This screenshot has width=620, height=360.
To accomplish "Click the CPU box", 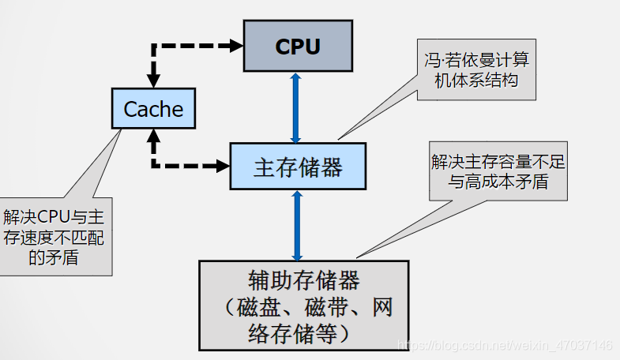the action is pyautogui.click(x=298, y=46).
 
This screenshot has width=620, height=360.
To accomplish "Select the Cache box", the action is pyautogui.click(x=153, y=108).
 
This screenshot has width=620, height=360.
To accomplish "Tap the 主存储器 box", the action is pyautogui.click(x=298, y=167).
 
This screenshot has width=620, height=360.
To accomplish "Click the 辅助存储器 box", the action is pyautogui.click(x=303, y=306).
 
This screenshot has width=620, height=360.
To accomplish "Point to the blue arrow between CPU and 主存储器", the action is pyautogui.click(x=295, y=107).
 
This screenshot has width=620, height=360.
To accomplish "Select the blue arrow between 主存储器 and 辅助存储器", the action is pyautogui.click(x=297, y=225).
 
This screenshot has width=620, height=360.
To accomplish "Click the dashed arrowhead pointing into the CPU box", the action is pyautogui.click(x=236, y=46).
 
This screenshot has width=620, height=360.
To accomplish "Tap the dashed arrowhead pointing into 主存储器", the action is pyautogui.click(x=223, y=166).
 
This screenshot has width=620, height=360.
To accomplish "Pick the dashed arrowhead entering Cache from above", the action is pyautogui.click(x=153, y=81).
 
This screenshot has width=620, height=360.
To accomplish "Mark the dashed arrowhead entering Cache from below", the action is pyautogui.click(x=153, y=136).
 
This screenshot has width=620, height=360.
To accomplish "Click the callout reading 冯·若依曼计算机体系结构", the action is pyautogui.click(x=476, y=69).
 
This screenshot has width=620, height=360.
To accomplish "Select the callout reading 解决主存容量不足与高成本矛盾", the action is pyautogui.click(x=498, y=171).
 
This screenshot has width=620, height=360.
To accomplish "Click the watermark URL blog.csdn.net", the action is pyautogui.click(x=505, y=345).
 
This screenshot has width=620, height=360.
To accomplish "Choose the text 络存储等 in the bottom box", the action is pyautogui.click(x=292, y=333).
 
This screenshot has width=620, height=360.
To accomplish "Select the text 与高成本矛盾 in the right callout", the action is pyautogui.click(x=498, y=182).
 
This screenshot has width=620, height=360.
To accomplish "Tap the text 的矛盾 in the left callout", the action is pyautogui.click(x=54, y=257).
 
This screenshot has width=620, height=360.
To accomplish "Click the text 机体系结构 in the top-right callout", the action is pyautogui.click(x=476, y=81).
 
